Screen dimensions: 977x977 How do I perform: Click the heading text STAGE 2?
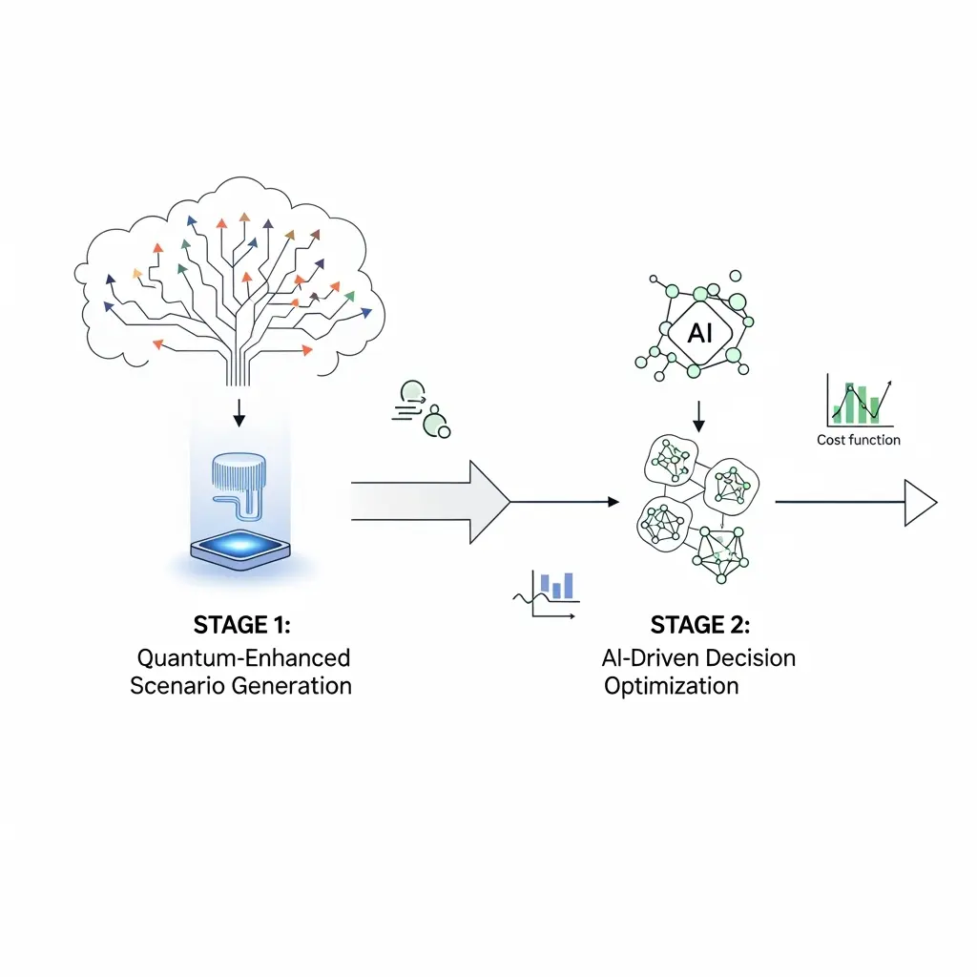point(700,625)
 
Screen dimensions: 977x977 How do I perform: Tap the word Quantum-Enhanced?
point(243,657)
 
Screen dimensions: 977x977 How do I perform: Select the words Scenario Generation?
point(240,686)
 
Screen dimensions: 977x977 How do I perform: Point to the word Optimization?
point(672,686)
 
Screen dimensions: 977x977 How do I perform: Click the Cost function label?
point(858,440)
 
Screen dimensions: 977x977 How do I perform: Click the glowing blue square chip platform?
point(239,551)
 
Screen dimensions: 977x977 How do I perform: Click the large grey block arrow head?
point(488,501)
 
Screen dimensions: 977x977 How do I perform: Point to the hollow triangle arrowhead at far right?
point(921,502)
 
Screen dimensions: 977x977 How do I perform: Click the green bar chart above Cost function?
point(858,401)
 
